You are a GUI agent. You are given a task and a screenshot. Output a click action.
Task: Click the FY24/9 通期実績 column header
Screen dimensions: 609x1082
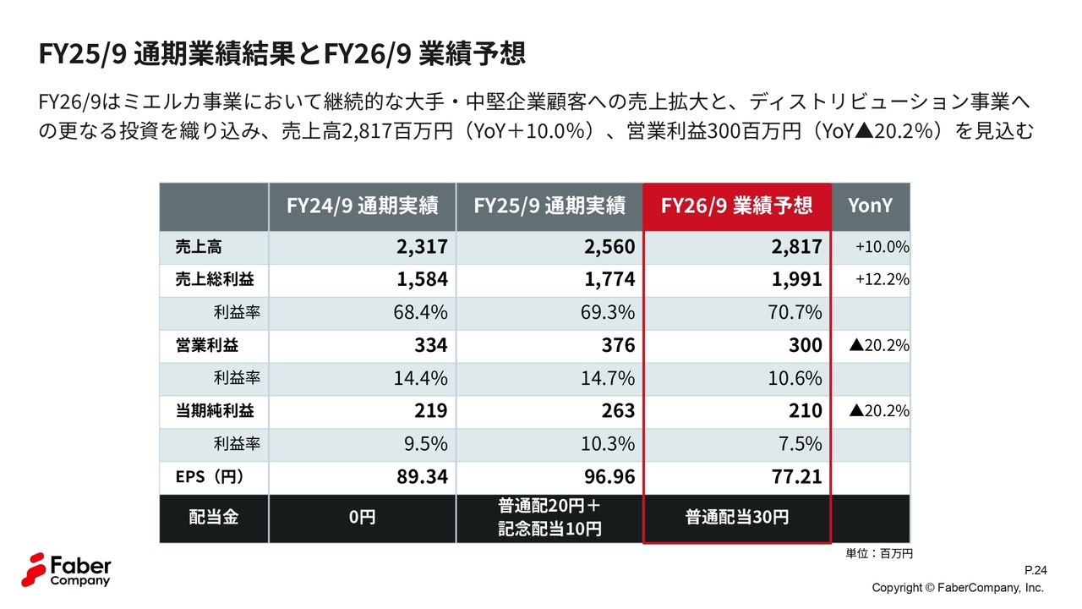point(362,206)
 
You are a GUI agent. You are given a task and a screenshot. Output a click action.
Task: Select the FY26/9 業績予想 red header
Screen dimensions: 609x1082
point(736,206)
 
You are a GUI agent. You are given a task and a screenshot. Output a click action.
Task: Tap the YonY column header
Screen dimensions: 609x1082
point(870,206)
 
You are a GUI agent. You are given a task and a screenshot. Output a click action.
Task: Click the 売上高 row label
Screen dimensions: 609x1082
point(199,247)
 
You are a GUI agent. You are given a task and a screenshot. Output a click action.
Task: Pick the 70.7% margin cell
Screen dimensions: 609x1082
point(795,312)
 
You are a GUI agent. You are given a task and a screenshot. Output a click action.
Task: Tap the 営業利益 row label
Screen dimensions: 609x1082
point(207,345)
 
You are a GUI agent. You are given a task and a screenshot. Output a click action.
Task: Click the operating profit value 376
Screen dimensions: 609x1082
point(619,345)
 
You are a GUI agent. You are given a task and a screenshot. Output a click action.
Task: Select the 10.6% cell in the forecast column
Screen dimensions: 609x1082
point(795,378)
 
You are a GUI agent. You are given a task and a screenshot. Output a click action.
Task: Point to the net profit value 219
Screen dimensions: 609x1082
point(431,411)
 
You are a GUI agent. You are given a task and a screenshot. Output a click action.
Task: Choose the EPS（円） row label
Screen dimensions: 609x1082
point(210,477)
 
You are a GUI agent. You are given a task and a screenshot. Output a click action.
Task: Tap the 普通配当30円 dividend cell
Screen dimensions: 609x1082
point(736,517)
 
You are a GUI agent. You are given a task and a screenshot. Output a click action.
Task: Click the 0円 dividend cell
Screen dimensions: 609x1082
point(362,517)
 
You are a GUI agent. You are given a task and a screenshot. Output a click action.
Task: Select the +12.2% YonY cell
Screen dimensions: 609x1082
point(882,279)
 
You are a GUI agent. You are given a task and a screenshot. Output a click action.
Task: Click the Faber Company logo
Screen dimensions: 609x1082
point(68,569)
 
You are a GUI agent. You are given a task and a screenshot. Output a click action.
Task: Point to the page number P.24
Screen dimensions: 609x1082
point(1036,571)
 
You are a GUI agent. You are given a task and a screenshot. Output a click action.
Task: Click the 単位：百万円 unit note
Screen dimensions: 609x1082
point(879,553)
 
